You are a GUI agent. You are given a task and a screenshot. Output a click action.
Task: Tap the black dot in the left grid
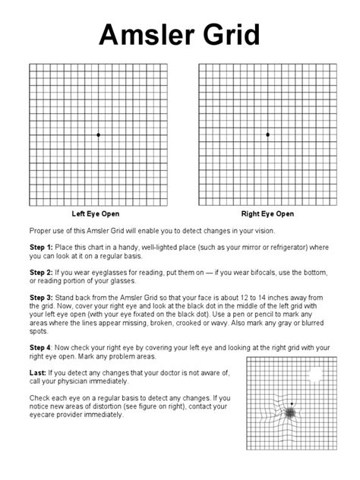[x=98, y=134]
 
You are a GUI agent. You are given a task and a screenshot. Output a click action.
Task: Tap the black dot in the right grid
[x=267, y=134]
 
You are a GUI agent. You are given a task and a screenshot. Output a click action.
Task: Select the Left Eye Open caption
[x=96, y=214]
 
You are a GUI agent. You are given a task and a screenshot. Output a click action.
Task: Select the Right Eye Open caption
[x=267, y=214]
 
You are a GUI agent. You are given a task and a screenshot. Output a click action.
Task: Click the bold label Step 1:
[x=41, y=248]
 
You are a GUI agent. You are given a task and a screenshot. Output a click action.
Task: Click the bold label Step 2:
[x=41, y=270]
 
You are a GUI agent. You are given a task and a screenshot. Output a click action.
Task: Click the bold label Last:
[x=38, y=373]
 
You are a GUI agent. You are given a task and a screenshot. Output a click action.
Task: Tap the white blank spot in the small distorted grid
[x=313, y=374]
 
